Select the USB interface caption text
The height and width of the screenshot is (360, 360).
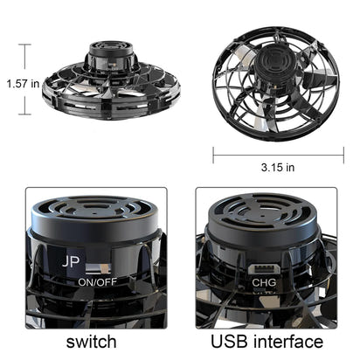coord(267,340)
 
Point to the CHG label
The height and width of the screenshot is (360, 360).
coord(263,281)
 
